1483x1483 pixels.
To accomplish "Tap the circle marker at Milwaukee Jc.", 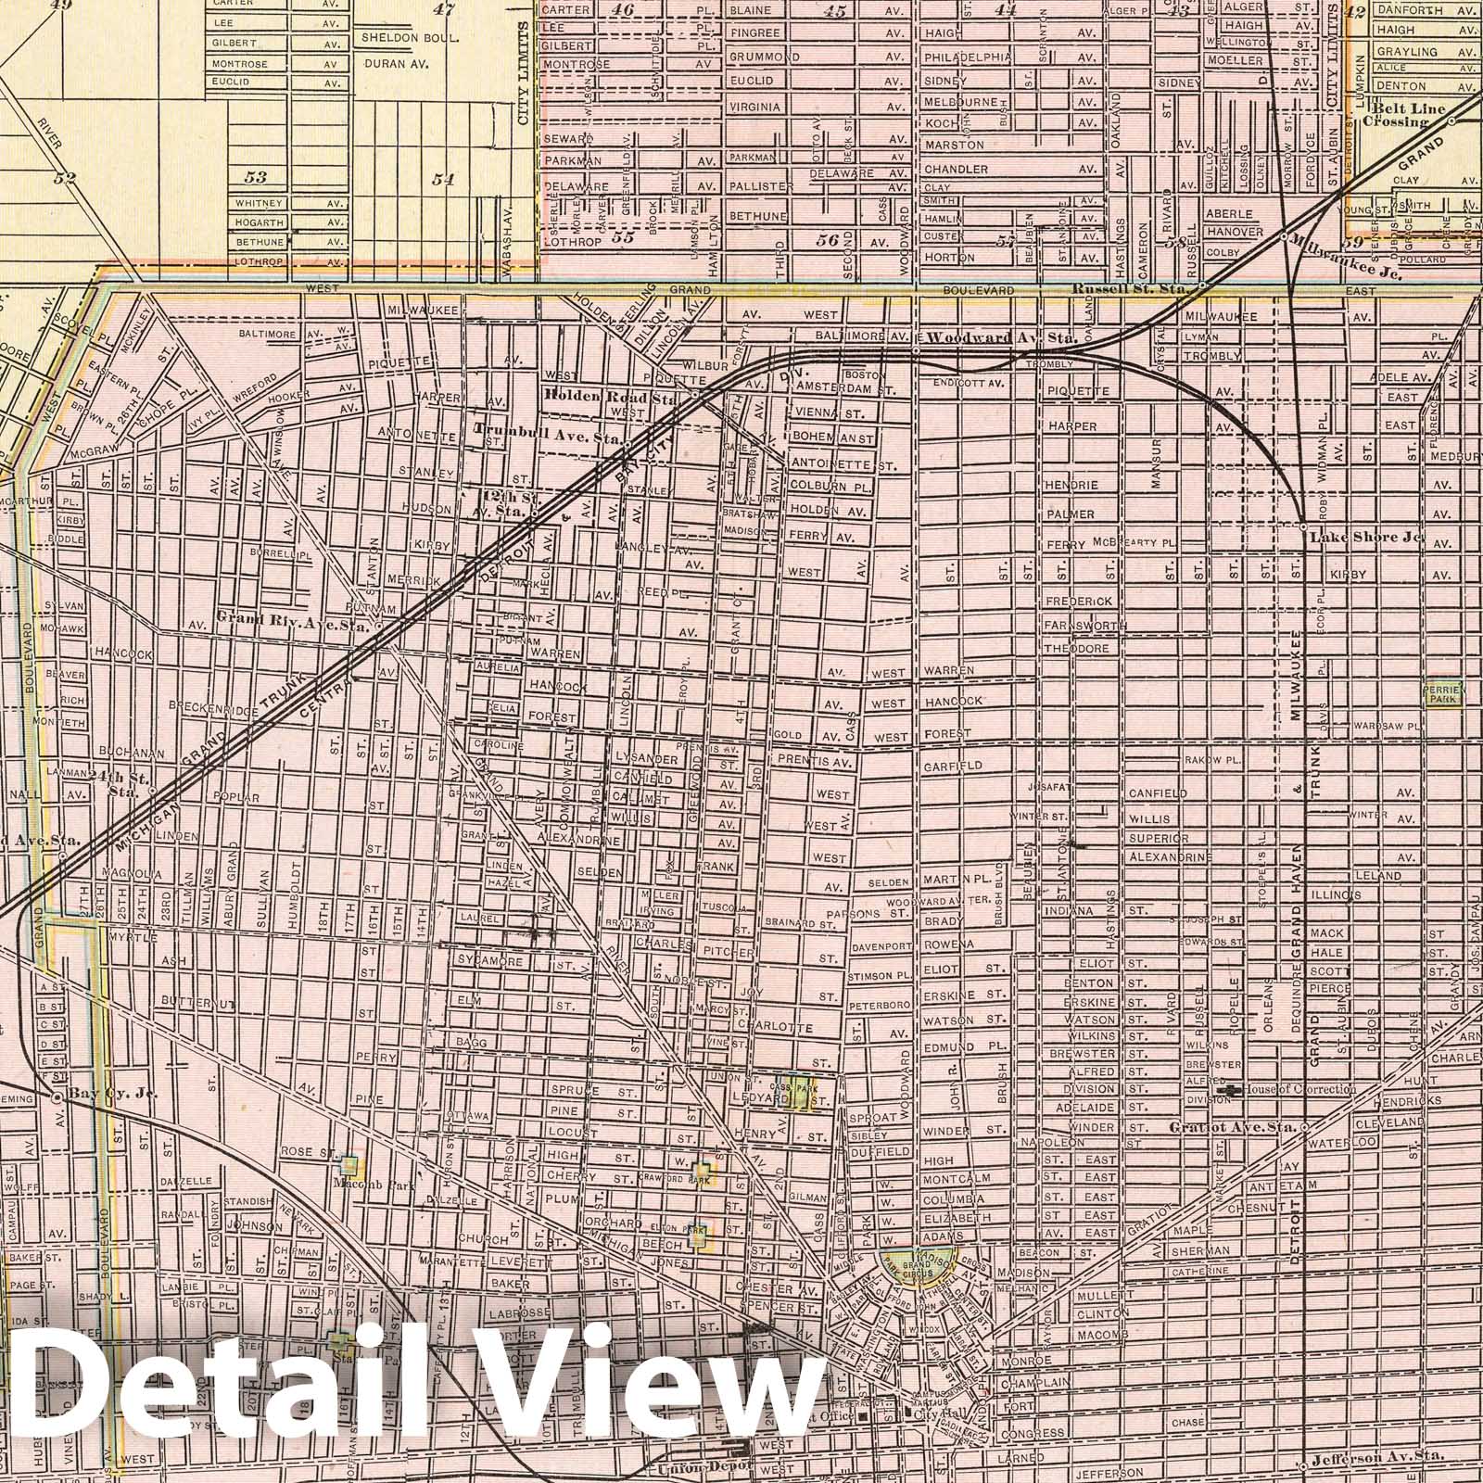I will (1283, 236).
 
